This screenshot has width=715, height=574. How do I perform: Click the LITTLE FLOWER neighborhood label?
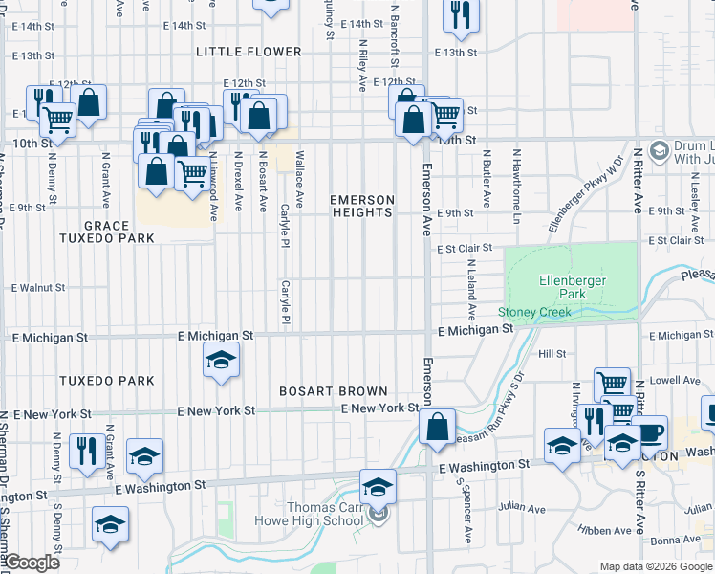(x=249, y=52)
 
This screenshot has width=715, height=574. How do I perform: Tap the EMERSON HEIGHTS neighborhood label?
(x=362, y=206)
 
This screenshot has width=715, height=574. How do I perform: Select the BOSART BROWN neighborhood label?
(x=334, y=391)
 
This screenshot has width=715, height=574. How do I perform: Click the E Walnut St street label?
(x=37, y=287)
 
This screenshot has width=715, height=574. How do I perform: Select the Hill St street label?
(x=552, y=354)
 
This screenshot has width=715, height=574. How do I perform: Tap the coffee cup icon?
(x=650, y=430)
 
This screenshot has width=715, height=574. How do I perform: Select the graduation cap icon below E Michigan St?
(x=221, y=360)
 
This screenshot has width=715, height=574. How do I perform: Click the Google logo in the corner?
(x=32, y=563)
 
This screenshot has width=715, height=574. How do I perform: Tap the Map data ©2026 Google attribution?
(x=656, y=567)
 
